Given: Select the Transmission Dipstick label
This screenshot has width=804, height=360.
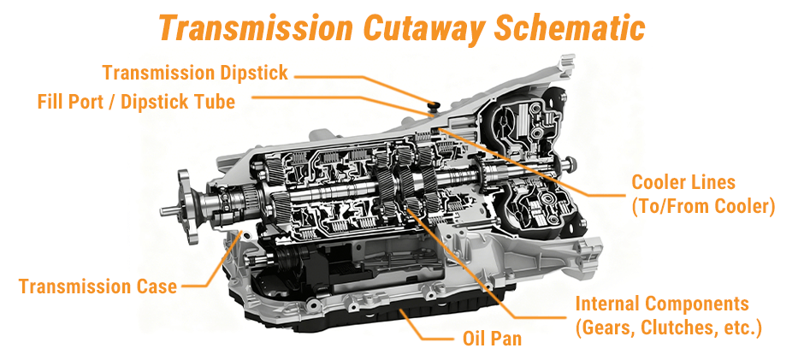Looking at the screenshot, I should [195, 73].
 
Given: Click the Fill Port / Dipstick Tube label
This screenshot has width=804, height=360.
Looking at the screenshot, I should [135, 102].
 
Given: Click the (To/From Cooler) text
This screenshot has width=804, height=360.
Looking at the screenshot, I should [702, 206].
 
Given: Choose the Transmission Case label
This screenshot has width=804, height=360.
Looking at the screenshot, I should [98, 286].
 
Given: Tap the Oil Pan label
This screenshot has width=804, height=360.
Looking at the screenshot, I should [486, 339].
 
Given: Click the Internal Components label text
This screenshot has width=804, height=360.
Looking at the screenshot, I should [661, 304].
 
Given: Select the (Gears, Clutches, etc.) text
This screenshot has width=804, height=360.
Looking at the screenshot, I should [668, 328].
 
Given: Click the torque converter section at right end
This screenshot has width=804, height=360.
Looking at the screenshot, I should [530, 162].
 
